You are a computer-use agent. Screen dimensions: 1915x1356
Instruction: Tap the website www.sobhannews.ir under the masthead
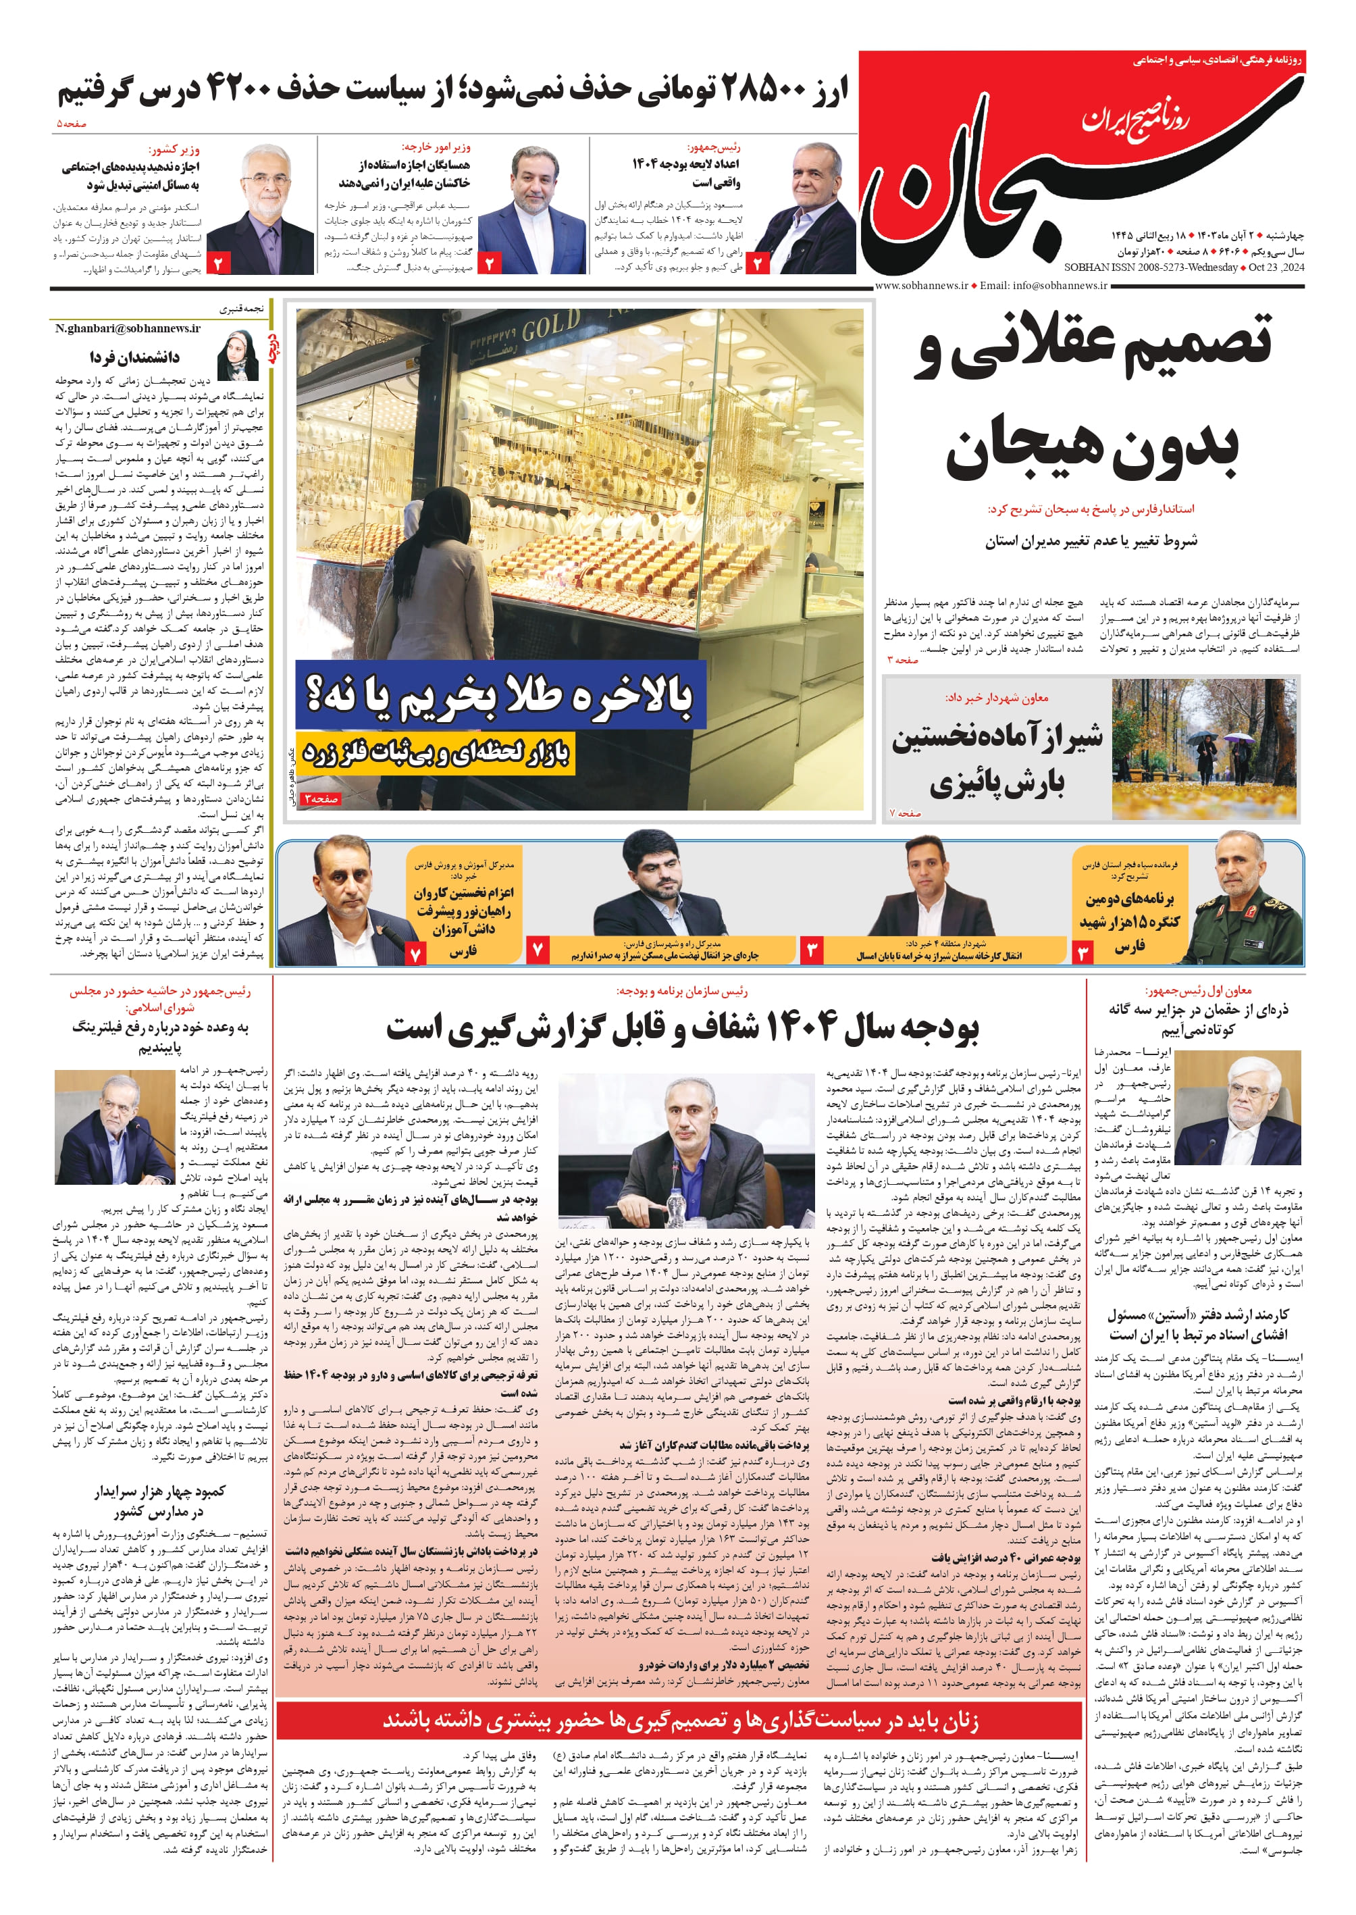(921, 286)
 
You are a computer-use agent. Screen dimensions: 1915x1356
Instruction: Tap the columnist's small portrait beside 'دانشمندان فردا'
(237, 356)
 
